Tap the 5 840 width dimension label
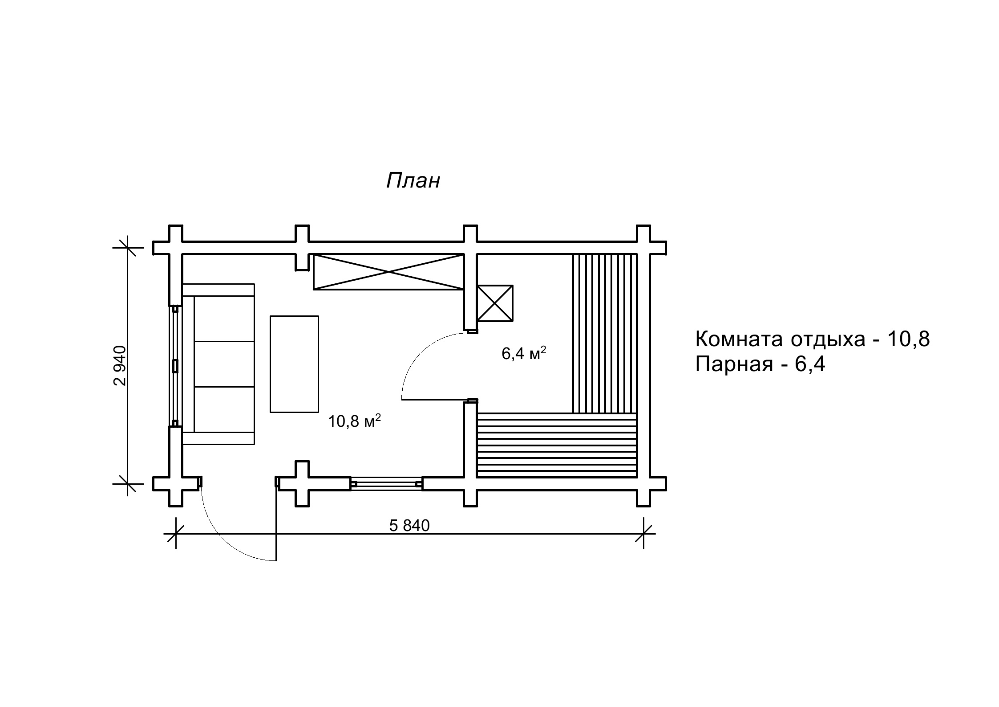[409, 526]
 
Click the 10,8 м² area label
[354, 421]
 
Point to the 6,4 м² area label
[524, 354]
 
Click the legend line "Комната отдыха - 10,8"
[813, 339]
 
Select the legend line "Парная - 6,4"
[760, 364]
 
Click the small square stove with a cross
[495, 303]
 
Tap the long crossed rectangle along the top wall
[388, 272]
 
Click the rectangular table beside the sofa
[294, 364]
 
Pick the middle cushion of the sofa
[224, 364]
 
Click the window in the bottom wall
[386, 483]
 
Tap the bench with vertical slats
[605, 333]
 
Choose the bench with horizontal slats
[556, 445]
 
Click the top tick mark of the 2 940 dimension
[128, 248]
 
